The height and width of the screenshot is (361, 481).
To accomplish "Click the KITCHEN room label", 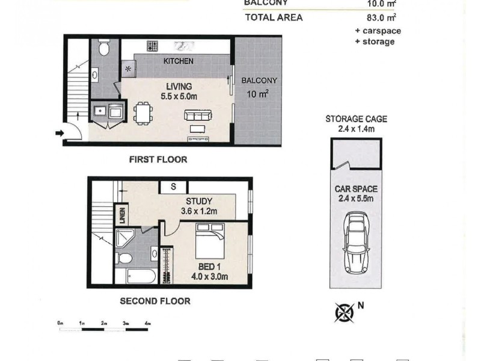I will (x=179, y=61).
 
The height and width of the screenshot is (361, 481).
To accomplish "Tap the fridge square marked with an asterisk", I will (x=127, y=69).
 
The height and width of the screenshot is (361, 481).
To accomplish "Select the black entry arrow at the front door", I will (x=59, y=133).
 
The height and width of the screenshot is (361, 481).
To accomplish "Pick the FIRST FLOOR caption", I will (x=158, y=160).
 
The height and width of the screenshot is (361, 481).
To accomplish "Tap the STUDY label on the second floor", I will (x=198, y=201).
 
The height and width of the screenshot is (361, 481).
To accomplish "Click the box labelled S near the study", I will (x=173, y=187).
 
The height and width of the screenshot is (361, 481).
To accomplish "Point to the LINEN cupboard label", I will (x=122, y=214).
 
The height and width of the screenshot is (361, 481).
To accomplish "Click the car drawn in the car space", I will (x=355, y=247).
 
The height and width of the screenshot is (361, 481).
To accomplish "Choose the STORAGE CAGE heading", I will (x=355, y=119).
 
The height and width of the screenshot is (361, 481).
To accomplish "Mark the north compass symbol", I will (x=343, y=312).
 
